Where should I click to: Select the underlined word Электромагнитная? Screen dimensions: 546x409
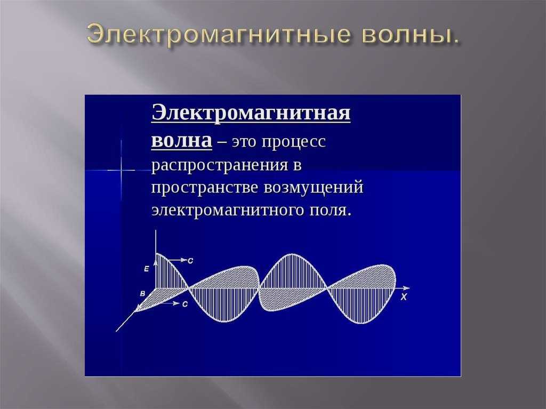[x=251, y=113]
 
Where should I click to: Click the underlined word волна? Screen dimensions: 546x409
[x=181, y=141]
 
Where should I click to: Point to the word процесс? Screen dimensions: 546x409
[x=294, y=142]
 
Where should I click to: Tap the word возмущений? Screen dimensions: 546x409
[x=314, y=188]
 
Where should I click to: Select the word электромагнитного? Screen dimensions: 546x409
[x=228, y=211]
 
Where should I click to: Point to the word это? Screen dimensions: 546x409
[x=244, y=142]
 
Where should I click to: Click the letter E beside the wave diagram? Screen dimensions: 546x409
[x=147, y=269]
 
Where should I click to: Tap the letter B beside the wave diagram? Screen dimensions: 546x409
[x=142, y=294]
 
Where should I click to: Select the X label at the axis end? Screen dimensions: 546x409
[x=404, y=297]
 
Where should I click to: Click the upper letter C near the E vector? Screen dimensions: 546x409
[x=190, y=261]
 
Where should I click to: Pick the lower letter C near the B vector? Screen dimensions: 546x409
[x=185, y=304]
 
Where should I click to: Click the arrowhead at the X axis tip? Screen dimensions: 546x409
[x=406, y=288]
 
